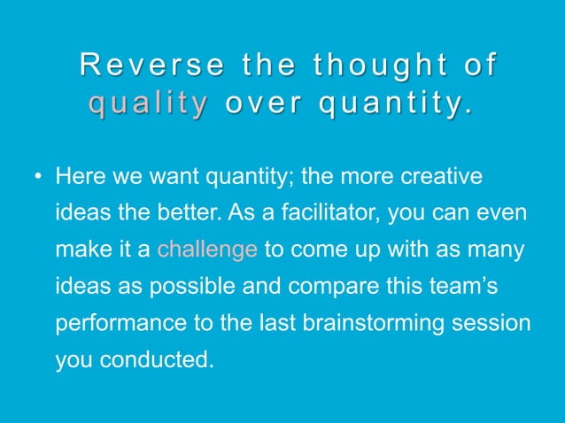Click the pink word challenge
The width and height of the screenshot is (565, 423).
point(207,250)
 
